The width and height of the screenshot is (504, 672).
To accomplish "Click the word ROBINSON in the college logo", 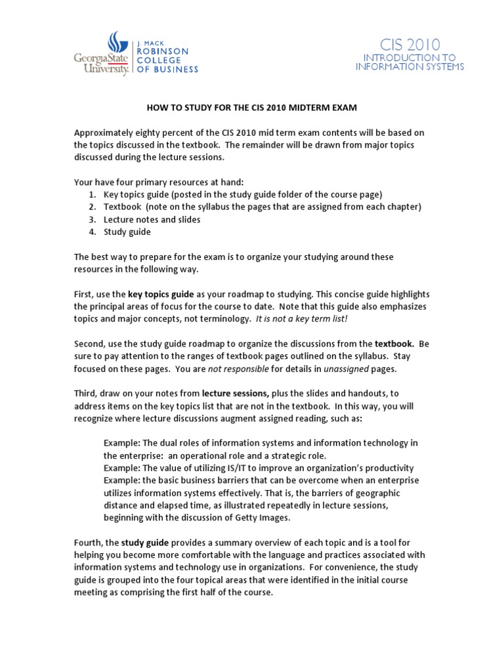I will point(162,51).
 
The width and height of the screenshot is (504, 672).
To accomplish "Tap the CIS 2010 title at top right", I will point(409,45).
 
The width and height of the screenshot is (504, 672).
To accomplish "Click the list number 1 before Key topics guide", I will point(91,194).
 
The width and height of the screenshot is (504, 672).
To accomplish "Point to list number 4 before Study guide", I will point(91,232).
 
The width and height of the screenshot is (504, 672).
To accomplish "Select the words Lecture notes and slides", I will point(152,219).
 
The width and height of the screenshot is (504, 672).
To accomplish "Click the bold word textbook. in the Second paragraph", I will point(394,343).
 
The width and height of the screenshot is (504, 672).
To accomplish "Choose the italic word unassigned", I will point(346,368).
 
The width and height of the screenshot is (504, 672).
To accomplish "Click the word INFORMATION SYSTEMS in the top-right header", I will point(409,67).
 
